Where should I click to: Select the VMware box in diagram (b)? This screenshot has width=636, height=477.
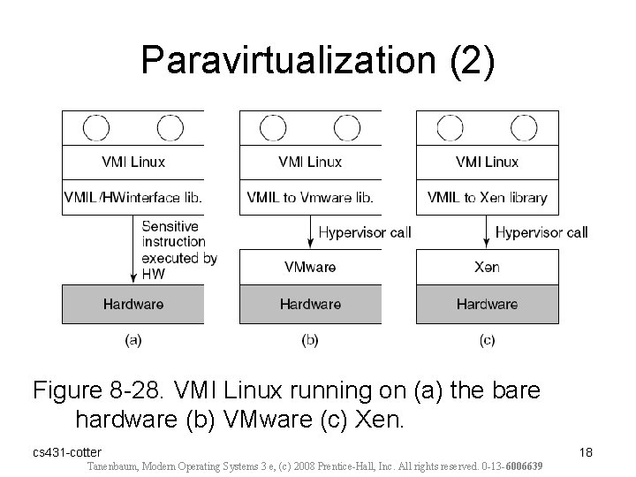310,267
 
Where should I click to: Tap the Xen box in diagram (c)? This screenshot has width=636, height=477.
487,267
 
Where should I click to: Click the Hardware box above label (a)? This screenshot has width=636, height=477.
133,304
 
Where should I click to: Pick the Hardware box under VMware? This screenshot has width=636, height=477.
310,304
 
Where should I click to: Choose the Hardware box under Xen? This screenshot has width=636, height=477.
487,304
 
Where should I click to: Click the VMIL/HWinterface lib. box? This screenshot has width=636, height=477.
133,198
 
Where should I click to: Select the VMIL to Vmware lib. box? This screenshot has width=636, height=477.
310,198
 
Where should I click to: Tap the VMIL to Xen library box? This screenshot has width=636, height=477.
487,198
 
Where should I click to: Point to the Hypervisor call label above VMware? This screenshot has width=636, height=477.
364,233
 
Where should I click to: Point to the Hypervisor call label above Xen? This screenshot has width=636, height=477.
541,233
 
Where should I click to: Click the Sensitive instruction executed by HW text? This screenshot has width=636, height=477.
179,250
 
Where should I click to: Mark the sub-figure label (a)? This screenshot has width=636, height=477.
133,339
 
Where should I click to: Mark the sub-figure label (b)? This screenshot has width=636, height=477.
310,339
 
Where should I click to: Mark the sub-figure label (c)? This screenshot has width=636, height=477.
487,339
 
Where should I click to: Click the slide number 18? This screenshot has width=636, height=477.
585,452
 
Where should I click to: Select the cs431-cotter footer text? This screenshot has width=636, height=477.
67,452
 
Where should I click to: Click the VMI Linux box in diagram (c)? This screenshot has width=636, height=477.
487,162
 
